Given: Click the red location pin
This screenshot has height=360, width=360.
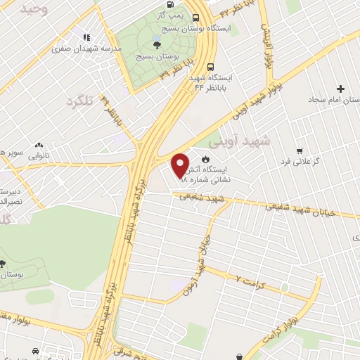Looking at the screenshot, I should coord(180,167).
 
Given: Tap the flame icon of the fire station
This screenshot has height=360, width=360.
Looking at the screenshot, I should coord(205,160).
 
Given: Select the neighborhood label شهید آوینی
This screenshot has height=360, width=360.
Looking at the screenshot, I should coord(244,141).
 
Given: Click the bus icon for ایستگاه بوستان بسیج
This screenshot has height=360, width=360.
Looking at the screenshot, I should coord(195,19).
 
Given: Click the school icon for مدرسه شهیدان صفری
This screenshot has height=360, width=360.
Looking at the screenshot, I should coord(86,37).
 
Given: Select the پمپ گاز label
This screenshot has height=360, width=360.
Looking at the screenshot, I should coord(172,14).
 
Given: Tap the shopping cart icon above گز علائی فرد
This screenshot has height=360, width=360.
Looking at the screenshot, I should coord(300,151).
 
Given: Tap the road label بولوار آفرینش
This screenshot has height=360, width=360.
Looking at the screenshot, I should coord(265,46).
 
